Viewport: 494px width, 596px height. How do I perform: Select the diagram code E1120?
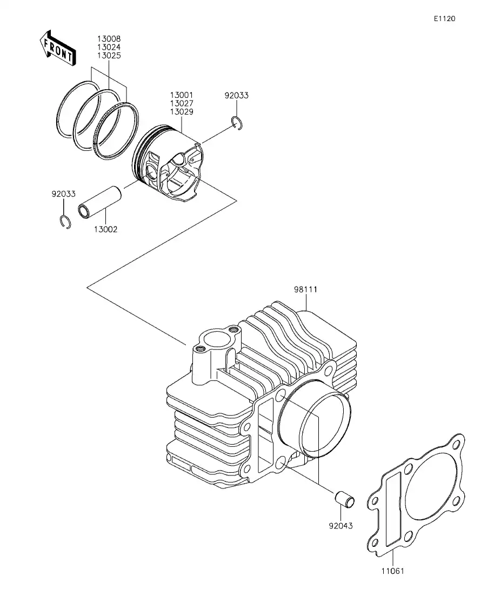pyautogui.click(x=444, y=18)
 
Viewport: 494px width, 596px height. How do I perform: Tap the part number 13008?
pyautogui.click(x=109, y=39)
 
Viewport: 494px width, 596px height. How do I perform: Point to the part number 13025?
pyautogui.click(x=109, y=56)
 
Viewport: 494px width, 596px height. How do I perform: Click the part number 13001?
pyautogui.click(x=181, y=95)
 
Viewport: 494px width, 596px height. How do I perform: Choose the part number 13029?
pyautogui.click(x=181, y=112)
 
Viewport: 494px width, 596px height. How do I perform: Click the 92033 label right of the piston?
pyautogui.click(x=236, y=96)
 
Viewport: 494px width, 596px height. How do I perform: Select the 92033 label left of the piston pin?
pyautogui.click(x=63, y=194)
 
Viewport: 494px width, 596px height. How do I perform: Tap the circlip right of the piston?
pyautogui.click(x=237, y=123)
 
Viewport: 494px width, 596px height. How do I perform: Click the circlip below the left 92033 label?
pyautogui.click(x=64, y=222)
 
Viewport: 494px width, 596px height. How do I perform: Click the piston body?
pyautogui.click(x=170, y=165)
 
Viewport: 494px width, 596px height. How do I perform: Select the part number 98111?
pyautogui.click(x=305, y=289)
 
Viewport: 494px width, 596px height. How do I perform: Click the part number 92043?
pyautogui.click(x=341, y=525)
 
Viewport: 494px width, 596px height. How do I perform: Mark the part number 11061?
pyautogui.click(x=392, y=571)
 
